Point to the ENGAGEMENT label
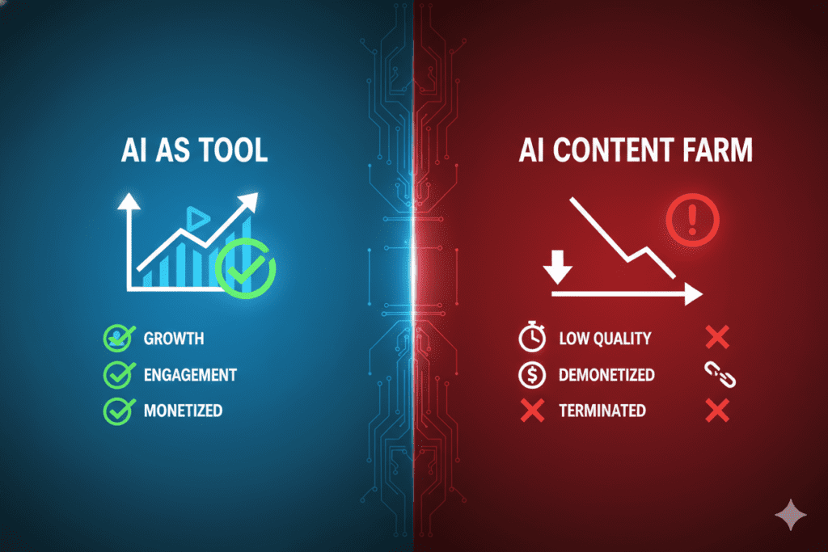click(190, 375)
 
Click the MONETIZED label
click(183, 411)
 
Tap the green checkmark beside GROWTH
click(118, 339)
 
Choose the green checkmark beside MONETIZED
click(118, 411)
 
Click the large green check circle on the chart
click(246, 268)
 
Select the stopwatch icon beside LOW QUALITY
click(531, 339)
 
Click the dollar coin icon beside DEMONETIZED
click(531, 375)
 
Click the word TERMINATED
click(602, 411)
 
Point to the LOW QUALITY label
click(605, 339)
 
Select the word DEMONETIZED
click(606, 375)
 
